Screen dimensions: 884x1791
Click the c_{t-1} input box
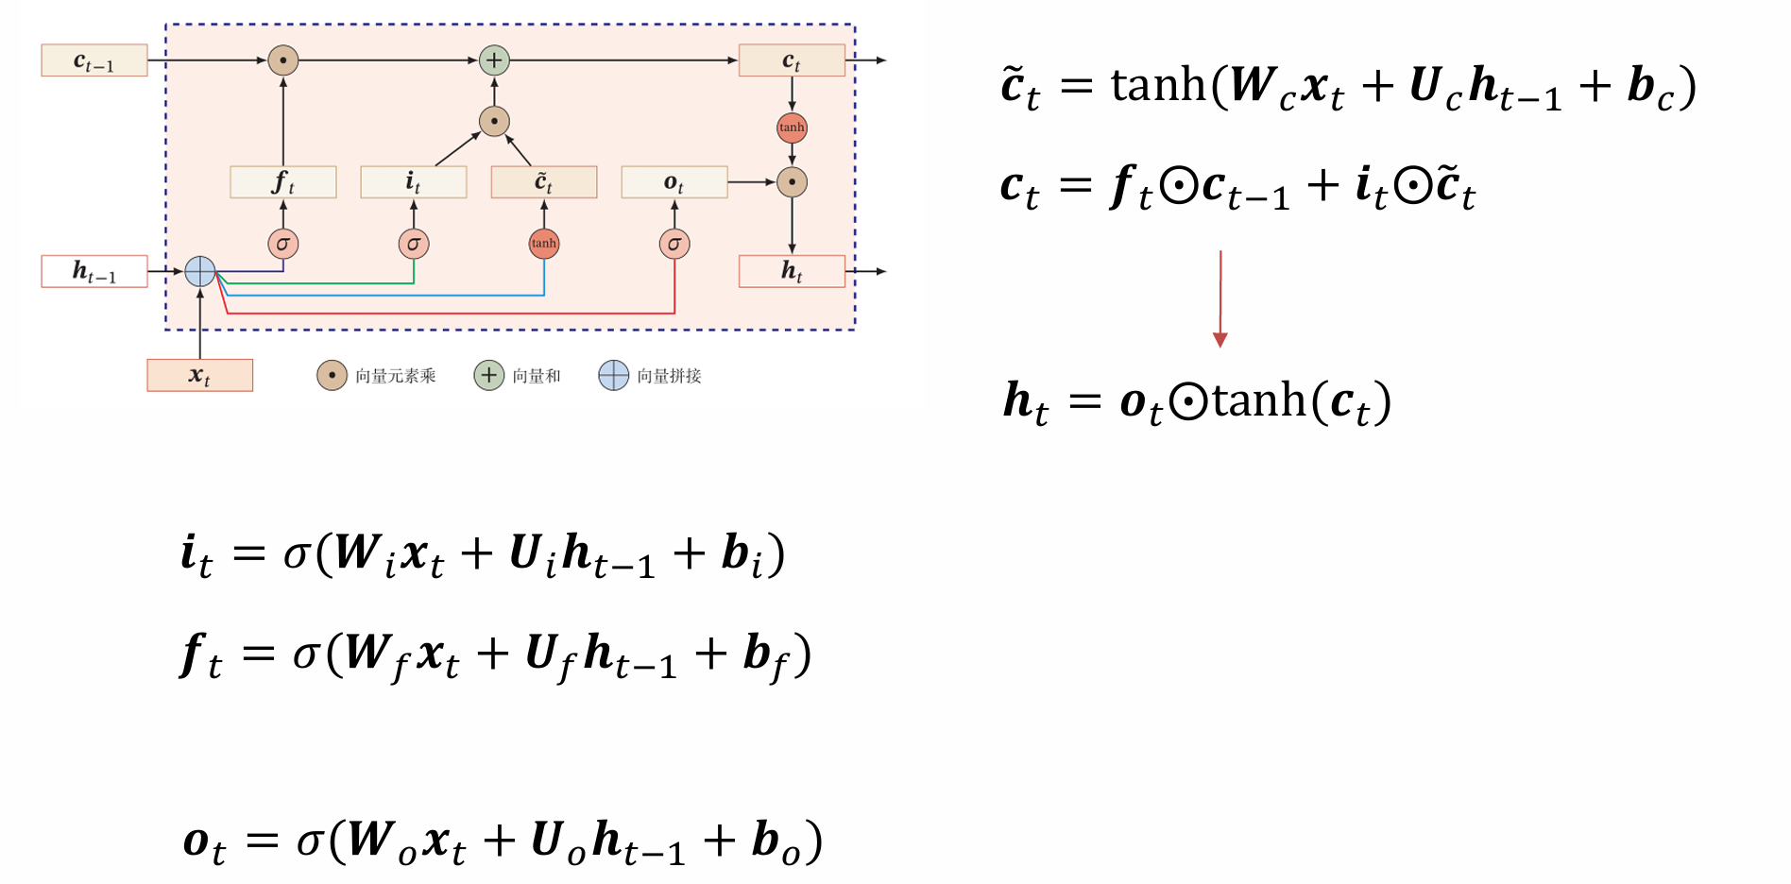tap(94, 60)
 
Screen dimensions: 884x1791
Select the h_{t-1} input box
tap(94, 271)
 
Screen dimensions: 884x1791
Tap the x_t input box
tap(199, 375)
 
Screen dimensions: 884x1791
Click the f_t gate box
tap(282, 181)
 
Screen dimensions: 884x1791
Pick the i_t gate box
tap(413, 181)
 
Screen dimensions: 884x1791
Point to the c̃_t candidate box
tap(543, 181)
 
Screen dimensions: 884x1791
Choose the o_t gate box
tap(674, 181)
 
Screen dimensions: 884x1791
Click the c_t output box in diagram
tap(792, 60)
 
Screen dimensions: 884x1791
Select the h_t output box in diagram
tap(792, 271)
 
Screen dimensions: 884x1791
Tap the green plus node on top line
tap(494, 60)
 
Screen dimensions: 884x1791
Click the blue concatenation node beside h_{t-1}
tap(200, 271)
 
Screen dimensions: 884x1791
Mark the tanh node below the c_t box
tap(792, 127)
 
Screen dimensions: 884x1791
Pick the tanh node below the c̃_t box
tap(544, 244)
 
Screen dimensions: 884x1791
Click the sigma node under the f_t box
tap(283, 244)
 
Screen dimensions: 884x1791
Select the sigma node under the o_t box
tap(674, 244)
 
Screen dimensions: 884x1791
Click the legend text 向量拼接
tap(669, 376)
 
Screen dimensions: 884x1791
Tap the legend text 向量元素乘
tap(395, 376)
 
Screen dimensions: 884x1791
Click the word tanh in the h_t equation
tap(1259, 401)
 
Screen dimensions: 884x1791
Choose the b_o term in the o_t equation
tap(776, 841)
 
